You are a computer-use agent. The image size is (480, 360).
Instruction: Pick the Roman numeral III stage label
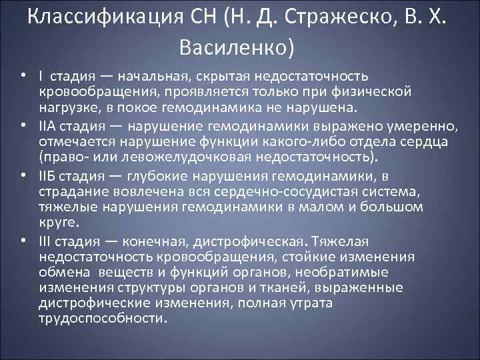[x=46, y=240]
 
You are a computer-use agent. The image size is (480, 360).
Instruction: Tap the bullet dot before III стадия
[x=22, y=240]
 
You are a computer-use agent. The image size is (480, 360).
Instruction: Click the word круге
[x=58, y=223]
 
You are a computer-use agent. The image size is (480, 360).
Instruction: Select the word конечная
[x=152, y=240]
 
